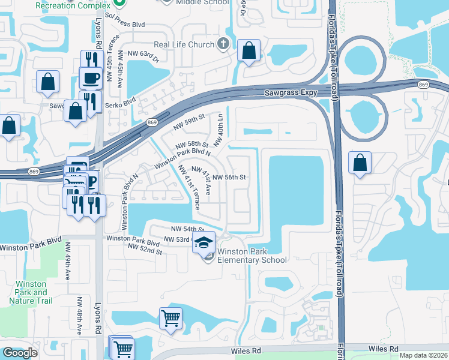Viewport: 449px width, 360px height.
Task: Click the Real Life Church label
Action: click(184, 44)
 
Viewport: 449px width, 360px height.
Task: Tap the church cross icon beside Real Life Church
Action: click(223, 44)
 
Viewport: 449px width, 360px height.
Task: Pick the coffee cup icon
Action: click(91, 78)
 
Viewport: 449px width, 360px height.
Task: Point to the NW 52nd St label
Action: click(145, 252)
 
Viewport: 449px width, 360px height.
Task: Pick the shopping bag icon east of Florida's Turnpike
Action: click(360, 163)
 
